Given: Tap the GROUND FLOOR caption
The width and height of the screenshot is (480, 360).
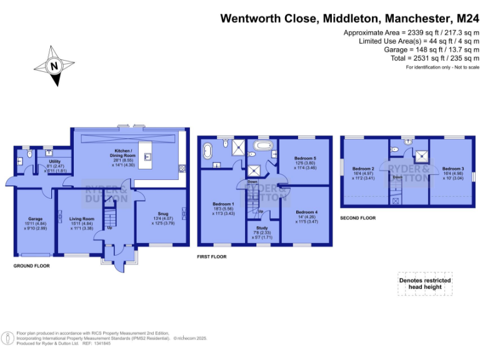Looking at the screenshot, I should [x=31, y=266].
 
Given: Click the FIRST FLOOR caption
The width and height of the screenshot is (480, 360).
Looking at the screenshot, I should [x=211, y=256].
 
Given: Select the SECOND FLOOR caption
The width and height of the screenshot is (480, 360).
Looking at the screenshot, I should [x=357, y=218].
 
